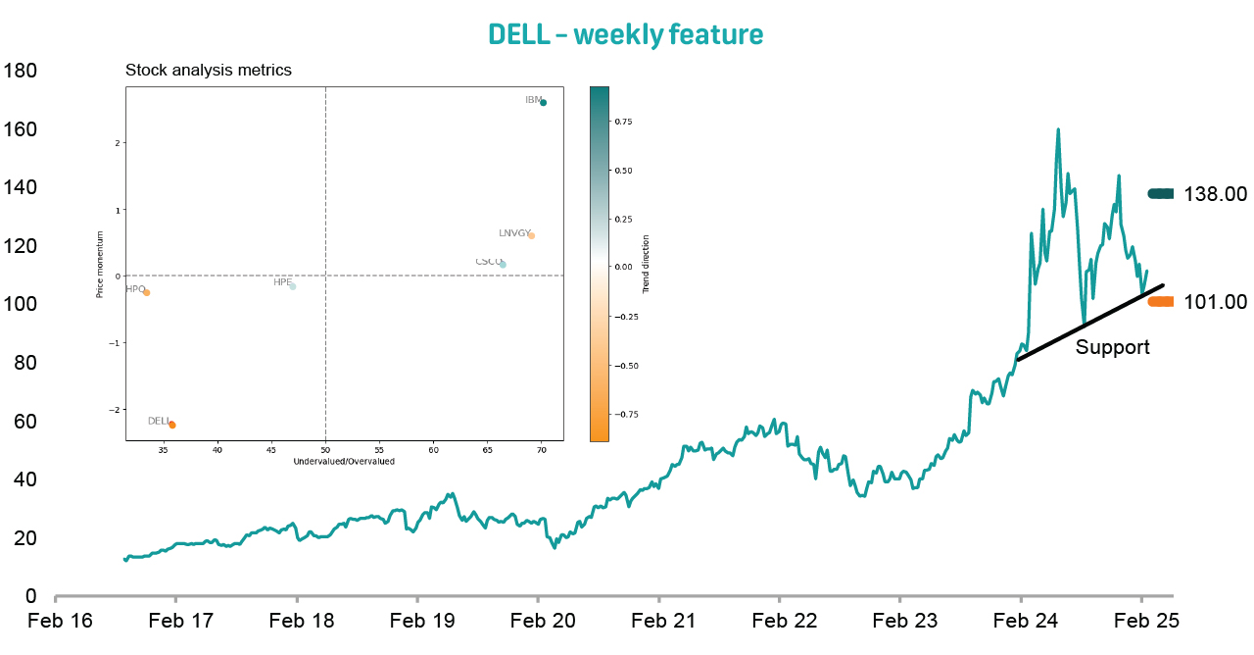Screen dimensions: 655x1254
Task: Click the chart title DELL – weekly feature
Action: (x=625, y=35)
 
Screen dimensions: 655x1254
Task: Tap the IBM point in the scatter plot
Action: (x=543, y=103)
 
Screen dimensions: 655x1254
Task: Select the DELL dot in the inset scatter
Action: (x=172, y=425)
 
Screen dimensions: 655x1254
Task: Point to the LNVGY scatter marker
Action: (x=531, y=235)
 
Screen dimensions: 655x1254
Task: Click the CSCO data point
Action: (x=503, y=265)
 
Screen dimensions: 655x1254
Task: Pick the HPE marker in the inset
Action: (x=292, y=286)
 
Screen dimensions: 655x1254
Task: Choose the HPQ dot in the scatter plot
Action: (x=146, y=292)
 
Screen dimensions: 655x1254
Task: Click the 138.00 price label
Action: (x=1215, y=194)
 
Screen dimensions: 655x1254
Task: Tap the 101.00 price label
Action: (x=1215, y=302)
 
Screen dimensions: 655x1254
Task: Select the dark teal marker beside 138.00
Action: (x=1160, y=194)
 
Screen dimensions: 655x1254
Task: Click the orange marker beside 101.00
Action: (x=1160, y=302)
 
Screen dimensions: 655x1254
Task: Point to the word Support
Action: (x=1112, y=347)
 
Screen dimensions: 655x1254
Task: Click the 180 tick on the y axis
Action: (x=21, y=72)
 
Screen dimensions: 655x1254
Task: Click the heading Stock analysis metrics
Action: (x=209, y=71)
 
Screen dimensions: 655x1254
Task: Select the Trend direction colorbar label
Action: (x=647, y=265)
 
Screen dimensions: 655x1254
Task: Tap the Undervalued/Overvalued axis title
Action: (x=344, y=461)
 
